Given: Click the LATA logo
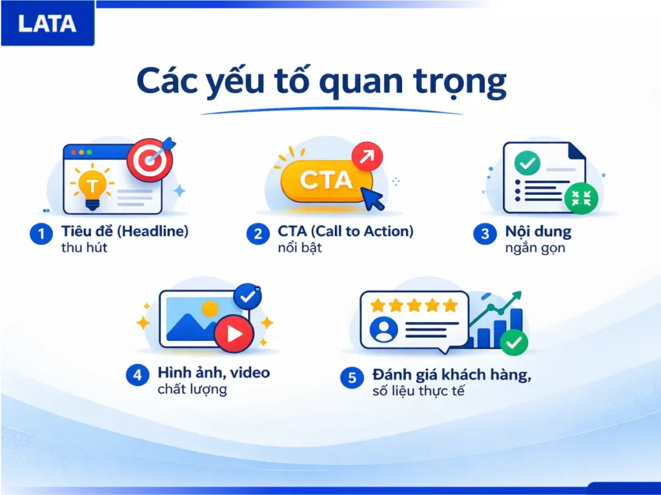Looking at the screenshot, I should (47, 24).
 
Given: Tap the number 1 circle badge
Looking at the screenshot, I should (41, 234).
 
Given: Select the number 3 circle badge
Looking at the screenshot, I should (485, 234).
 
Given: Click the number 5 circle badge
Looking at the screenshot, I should (352, 378).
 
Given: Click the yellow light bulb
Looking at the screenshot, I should (93, 187).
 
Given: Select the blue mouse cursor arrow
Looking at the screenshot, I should (374, 199).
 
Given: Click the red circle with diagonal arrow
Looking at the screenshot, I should (367, 157).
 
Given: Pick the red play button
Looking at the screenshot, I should (234, 333).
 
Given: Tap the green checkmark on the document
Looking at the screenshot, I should (527, 164).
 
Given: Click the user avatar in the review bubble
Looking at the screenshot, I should (383, 330).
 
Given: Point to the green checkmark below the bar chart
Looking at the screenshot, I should (514, 343).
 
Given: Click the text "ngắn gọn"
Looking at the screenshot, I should (535, 247).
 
